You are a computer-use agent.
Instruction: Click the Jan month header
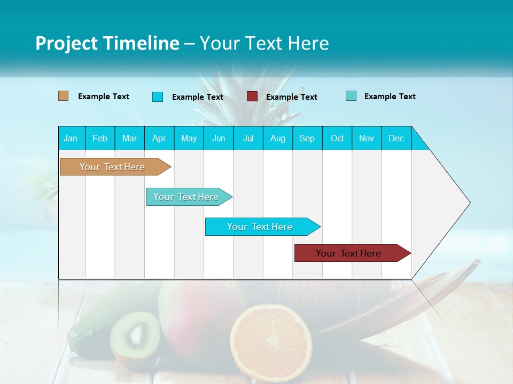tap(71, 138)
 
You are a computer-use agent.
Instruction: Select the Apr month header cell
tap(159, 138)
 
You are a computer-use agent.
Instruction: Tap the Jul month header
tap(248, 138)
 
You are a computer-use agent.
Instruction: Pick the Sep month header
tap(307, 138)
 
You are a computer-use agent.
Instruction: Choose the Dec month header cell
tap(396, 138)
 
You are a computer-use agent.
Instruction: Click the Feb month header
tap(100, 138)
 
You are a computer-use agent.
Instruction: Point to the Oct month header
tap(337, 138)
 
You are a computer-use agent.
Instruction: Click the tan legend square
tap(63, 96)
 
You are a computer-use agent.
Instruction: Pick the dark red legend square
tap(252, 96)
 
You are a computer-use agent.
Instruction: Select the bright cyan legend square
tap(158, 97)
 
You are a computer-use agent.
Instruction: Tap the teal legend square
tap(351, 96)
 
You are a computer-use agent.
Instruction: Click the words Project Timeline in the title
tap(107, 43)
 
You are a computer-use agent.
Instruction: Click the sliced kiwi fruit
tap(135, 335)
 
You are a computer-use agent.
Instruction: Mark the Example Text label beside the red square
tap(291, 97)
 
